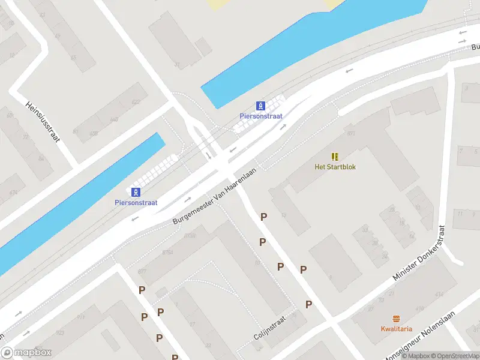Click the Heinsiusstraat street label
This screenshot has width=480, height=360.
43,121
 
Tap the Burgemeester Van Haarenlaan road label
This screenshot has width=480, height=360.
214,197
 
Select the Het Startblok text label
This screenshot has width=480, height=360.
335,167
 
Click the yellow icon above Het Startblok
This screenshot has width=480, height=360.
335,156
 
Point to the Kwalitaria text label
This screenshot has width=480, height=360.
396,329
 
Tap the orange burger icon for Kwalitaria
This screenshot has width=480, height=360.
396,318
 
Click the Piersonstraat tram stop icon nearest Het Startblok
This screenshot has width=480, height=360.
261,105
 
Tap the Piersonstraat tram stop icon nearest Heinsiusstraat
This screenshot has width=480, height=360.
136,192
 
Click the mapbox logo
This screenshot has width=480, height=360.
26,353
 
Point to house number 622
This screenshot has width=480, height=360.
136,102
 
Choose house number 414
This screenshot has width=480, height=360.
439,294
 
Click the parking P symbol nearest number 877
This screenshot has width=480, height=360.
142,290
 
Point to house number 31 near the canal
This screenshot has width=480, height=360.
177,65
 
